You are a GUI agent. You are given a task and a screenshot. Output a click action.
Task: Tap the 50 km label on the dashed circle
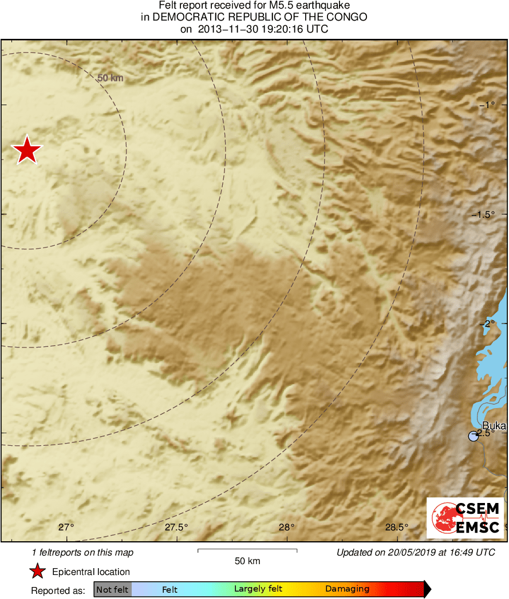[x=111, y=78]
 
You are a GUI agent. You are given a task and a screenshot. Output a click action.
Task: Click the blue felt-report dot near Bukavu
[x=473, y=437]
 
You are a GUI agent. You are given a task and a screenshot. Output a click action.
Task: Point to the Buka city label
[x=494, y=425]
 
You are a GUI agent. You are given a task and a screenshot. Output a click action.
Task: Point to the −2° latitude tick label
[x=486, y=324]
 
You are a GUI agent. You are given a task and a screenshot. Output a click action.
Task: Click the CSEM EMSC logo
[x=465, y=518]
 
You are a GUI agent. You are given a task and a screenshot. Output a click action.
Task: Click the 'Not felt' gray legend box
[x=112, y=589]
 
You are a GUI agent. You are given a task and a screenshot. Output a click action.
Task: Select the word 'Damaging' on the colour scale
[x=347, y=589]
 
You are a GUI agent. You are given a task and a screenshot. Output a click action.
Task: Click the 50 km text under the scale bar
[x=247, y=561]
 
